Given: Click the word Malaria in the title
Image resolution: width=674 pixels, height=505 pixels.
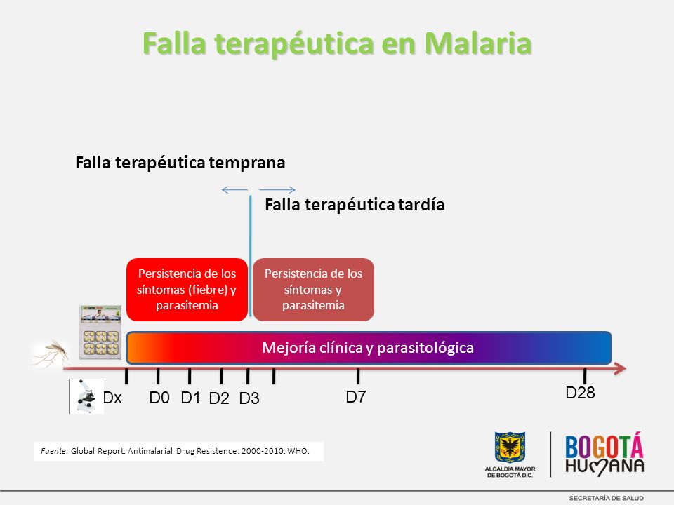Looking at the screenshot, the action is point(478,43).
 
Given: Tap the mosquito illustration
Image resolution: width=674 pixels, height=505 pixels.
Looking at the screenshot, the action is point(51,353).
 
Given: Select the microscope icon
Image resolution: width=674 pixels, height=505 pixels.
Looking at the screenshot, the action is point(86,396).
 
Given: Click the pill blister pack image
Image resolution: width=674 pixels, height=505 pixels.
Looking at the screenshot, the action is point(100,332).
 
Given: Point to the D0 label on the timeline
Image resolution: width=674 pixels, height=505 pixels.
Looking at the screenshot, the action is point(159,398).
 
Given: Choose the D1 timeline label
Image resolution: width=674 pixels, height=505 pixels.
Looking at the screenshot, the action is point(190,398).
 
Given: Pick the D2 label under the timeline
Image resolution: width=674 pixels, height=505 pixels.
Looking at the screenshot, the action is point(219,398).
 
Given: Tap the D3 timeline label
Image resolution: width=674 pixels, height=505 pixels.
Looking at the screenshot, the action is point(249,398).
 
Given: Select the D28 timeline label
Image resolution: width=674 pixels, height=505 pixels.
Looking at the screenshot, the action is point(581,393).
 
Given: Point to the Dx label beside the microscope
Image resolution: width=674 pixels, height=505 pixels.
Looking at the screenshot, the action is point(112,398).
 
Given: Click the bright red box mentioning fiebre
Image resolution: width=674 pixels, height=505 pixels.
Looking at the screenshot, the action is point(187,290).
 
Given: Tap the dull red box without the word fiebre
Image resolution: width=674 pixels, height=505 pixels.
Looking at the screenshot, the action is point(313,290).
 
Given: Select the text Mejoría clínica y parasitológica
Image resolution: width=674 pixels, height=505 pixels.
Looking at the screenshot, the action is point(368,347).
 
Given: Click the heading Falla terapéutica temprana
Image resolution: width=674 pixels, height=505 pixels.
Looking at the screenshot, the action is point(180,163).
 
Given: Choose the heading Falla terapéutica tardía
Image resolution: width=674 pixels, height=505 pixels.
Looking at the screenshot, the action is point(355,204).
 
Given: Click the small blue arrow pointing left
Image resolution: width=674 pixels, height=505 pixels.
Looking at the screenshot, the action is point(234,190).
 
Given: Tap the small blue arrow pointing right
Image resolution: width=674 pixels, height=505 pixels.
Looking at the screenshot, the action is point(277,190).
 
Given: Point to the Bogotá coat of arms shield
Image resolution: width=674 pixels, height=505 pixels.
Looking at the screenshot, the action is point(510,447).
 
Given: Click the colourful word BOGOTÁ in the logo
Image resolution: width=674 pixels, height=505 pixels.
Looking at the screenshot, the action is point(604,446).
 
